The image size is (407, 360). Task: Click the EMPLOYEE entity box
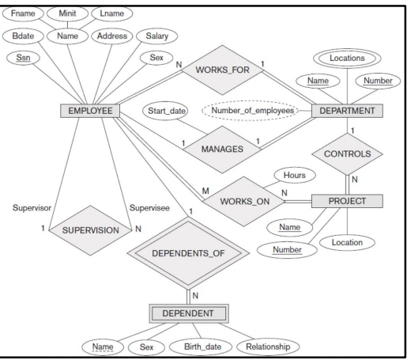click(88, 111)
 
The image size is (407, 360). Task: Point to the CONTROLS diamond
click(348, 156)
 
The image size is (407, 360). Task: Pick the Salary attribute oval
click(157, 36)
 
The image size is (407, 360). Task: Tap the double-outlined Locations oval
click(348, 58)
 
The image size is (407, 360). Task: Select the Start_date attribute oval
click(167, 111)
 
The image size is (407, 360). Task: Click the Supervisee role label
click(149, 208)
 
